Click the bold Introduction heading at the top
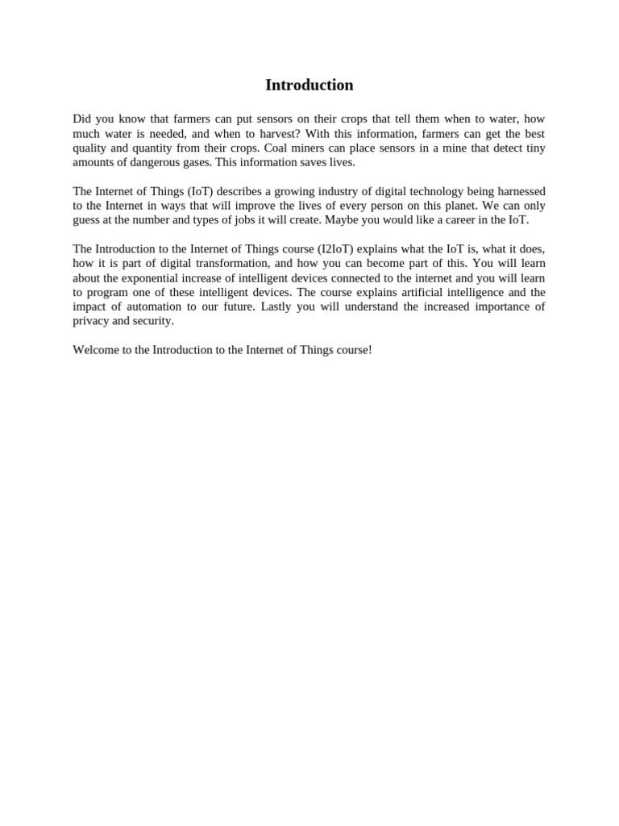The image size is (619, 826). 309,86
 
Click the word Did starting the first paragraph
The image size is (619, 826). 82,119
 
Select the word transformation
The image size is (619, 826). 222,264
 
